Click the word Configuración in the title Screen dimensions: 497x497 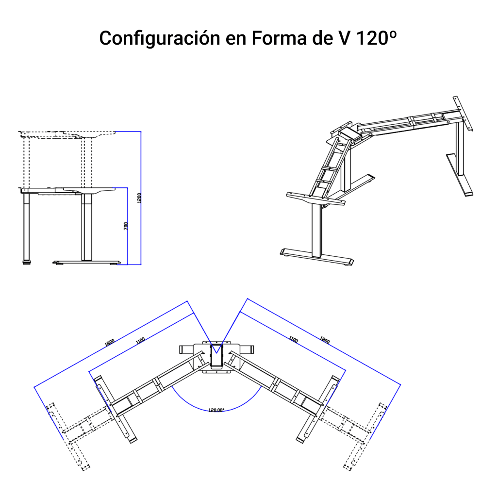point(159,38)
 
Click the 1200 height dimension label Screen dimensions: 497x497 point(139,198)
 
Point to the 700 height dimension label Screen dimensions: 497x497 point(126,226)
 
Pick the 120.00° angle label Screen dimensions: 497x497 point(216,410)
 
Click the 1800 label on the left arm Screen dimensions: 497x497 point(110,342)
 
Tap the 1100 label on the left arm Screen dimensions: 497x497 point(140,341)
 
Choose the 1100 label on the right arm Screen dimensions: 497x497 point(293,340)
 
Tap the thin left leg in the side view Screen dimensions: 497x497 point(25,226)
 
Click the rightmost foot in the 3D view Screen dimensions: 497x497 point(459,175)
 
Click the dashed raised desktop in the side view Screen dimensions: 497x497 point(68,133)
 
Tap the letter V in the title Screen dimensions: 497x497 point(341,38)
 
